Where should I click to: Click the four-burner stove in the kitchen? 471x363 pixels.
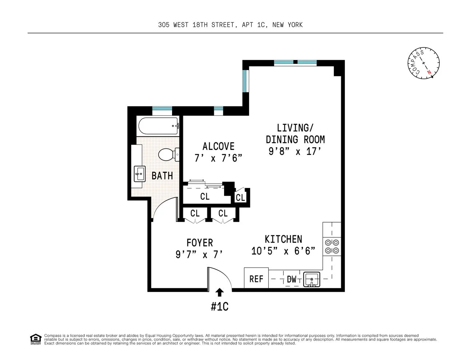click(x=332, y=246)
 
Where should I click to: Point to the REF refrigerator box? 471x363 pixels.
click(x=256, y=278)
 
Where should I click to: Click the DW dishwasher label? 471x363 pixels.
click(x=292, y=279)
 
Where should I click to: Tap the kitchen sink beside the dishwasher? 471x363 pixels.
click(x=312, y=279)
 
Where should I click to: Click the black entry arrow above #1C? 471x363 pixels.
click(x=220, y=292)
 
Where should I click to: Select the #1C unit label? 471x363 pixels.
click(x=220, y=307)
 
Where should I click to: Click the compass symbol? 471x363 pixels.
click(x=423, y=62)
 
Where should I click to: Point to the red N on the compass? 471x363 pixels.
click(x=430, y=72)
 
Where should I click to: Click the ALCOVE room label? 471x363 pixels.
click(x=218, y=146)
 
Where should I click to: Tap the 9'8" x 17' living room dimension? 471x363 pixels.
click(x=295, y=151)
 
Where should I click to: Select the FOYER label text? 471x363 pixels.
click(x=199, y=242)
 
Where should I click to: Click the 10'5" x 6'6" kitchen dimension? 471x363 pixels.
click(x=283, y=251)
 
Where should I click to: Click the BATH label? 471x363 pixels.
click(x=162, y=176)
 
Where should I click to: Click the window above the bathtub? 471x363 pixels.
click(x=162, y=109)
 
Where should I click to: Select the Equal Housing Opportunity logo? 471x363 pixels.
click(x=35, y=339)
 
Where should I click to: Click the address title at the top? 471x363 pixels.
click(x=230, y=25)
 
